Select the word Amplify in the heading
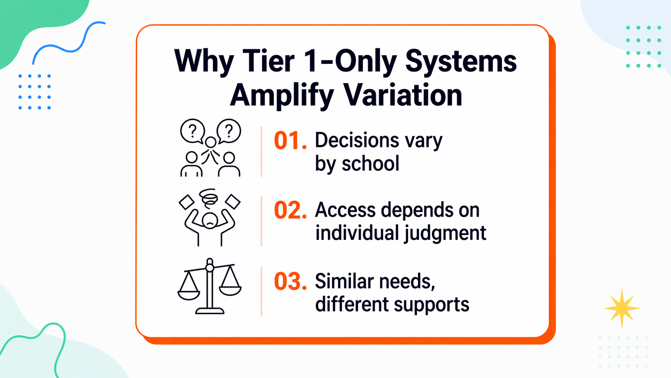click(x=281, y=96)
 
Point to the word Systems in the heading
click(x=461, y=61)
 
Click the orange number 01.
click(x=290, y=141)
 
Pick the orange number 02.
click(x=290, y=210)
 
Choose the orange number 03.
click(x=290, y=282)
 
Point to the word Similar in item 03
click(x=344, y=281)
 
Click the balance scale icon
click(x=209, y=286)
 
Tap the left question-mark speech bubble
click(x=193, y=131)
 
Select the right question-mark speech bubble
click(x=229, y=131)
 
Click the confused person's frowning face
click(x=210, y=221)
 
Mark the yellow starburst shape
click(x=621, y=308)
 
